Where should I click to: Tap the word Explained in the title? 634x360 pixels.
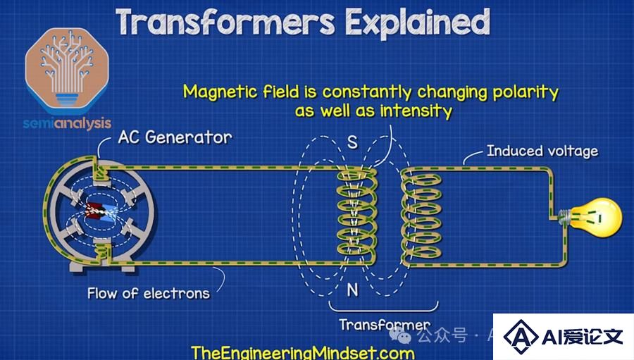[x=417, y=23]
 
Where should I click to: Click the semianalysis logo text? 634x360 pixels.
[x=67, y=123]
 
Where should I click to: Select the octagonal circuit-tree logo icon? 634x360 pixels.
[x=67, y=70]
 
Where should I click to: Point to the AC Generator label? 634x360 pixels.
[x=175, y=137]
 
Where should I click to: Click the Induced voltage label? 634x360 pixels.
[x=542, y=151]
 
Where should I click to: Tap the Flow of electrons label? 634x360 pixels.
[x=149, y=293]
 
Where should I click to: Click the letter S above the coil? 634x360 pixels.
[x=353, y=142]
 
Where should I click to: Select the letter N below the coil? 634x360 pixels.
[x=353, y=290]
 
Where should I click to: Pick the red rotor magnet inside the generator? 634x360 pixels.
[x=94, y=210]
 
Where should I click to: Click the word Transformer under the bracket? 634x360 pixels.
[x=385, y=324]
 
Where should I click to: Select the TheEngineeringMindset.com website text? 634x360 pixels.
[x=303, y=353]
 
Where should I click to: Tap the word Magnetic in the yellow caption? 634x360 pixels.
[x=220, y=92]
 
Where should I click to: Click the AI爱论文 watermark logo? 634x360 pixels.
[x=563, y=337]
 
